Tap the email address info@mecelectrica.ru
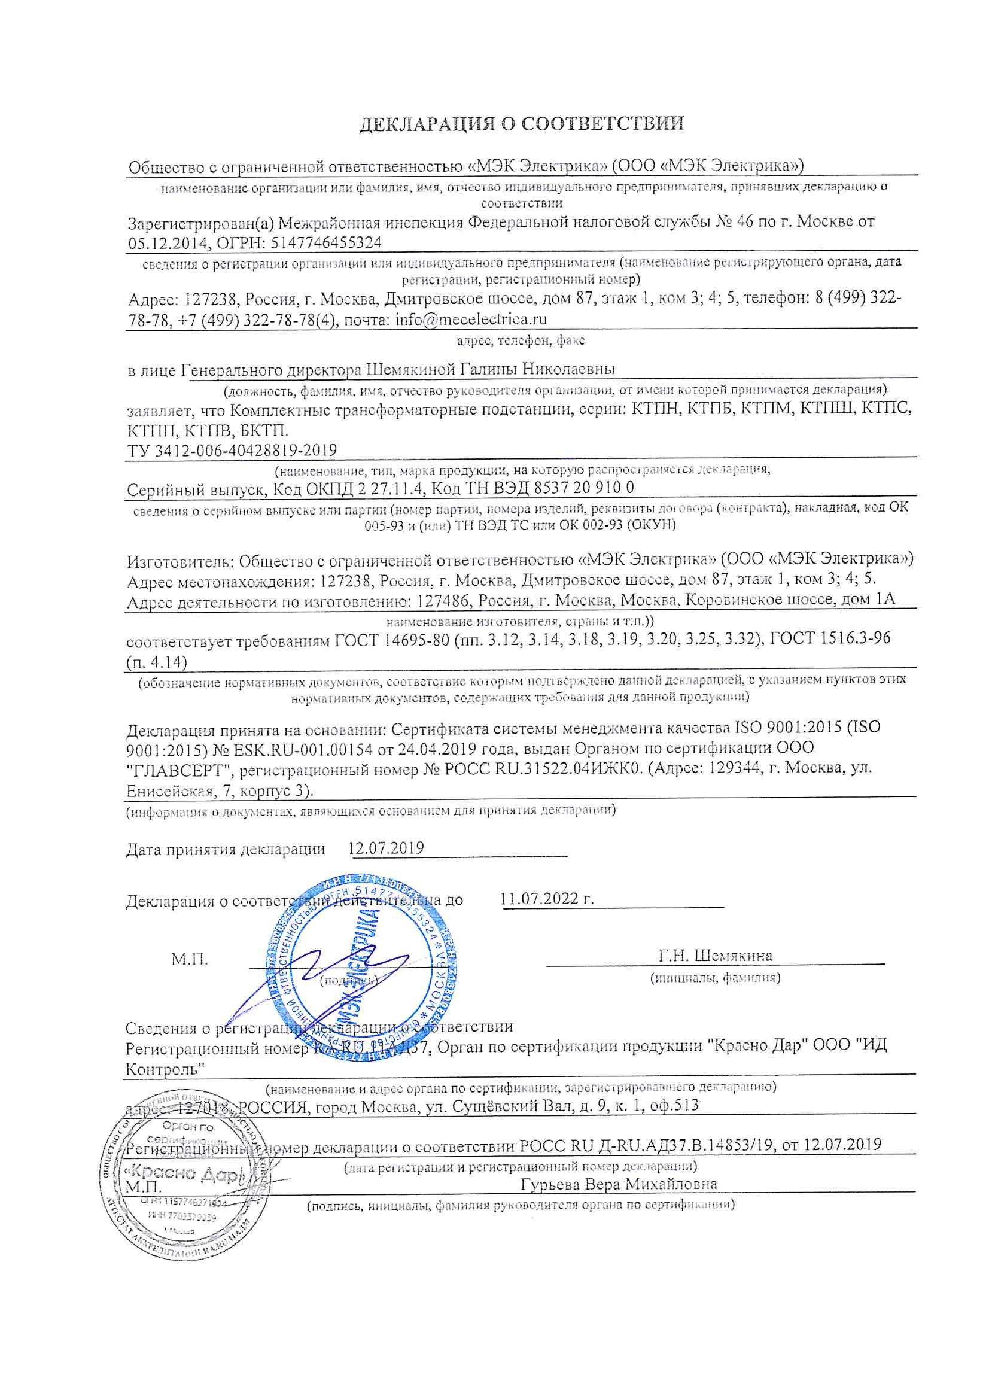pyautogui.click(x=471, y=320)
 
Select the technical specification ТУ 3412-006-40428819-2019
pyautogui.click(x=232, y=451)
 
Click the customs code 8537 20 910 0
pyautogui.click(x=584, y=488)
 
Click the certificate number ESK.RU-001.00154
pyautogui.click(x=299, y=749)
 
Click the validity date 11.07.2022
pyautogui.click(x=540, y=899)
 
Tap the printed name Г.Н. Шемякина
pyautogui.click(x=715, y=956)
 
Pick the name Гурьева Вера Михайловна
pyautogui.click(x=619, y=1184)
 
